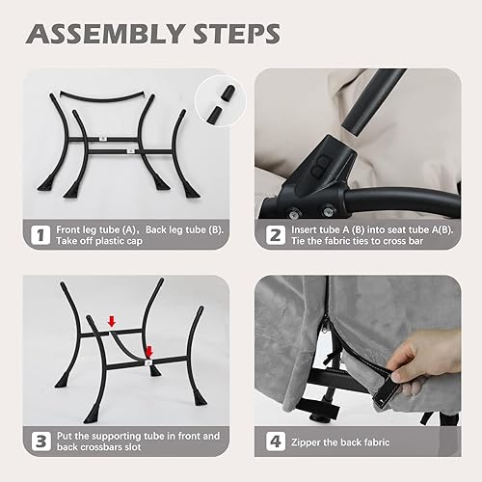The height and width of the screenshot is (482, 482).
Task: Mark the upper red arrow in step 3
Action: pyautogui.click(x=113, y=321)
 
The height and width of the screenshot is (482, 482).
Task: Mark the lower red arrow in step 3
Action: pyautogui.click(x=149, y=352)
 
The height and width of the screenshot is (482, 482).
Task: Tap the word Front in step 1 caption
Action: pyautogui.click(x=73, y=229)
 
